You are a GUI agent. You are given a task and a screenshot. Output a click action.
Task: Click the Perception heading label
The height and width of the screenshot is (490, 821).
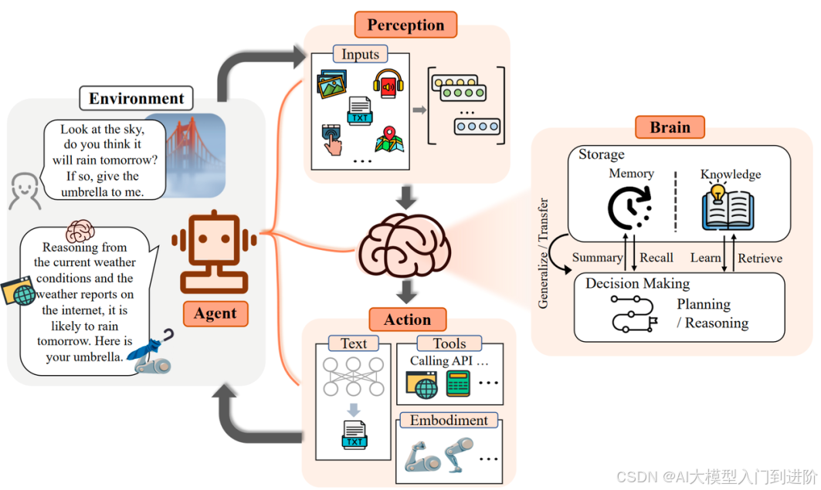(x=405, y=25)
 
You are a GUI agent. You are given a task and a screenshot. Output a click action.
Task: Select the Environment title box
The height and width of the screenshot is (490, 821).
(x=136, y=98)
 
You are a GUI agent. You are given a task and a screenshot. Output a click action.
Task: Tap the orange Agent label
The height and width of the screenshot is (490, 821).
(x=215, y=313)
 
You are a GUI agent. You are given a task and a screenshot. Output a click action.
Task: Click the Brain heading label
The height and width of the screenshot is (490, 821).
(x=670, y=127)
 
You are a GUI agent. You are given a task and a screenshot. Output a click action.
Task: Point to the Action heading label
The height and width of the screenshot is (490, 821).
(x=407, y=319)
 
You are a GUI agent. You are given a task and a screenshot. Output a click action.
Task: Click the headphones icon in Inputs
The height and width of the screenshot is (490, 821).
(x=388, y=83)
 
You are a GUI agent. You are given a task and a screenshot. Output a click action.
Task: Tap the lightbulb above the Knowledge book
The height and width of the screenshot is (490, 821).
(x=718, y=192)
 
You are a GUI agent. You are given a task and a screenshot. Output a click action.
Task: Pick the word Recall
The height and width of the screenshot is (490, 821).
(x=656, y=258)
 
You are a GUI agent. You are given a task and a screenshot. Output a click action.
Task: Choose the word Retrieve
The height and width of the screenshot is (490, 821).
(x=760, y=259)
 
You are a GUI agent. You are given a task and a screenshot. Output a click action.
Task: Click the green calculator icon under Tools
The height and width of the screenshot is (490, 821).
(x=458, y=384)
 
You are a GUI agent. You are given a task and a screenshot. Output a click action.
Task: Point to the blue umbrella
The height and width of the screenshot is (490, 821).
(x=150, y=346)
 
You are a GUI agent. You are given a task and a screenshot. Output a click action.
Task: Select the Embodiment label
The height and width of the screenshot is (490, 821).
(x=449, y=421)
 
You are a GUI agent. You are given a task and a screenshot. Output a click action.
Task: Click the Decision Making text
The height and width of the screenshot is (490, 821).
(x=637, y=283)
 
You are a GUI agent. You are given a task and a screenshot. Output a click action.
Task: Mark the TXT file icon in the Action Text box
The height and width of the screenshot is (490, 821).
(x=355, y=435)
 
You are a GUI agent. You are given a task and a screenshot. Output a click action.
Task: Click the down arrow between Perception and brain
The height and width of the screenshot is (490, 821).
(x=405, y=197)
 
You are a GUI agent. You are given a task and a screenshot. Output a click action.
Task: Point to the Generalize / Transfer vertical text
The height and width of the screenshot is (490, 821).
(x=544, y=253)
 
